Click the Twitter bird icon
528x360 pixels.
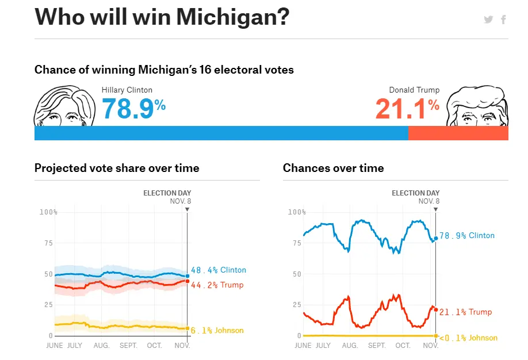click(488, 20)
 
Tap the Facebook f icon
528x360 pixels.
click(503, 20)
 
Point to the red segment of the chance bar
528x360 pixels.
click(458, 133)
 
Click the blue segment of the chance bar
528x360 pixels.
click(221, 133)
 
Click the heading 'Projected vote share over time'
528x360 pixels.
click(117, 168)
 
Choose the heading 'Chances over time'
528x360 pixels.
click(333, 168)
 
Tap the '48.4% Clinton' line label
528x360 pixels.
click(219, 270)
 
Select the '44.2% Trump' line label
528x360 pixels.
click(217, 285)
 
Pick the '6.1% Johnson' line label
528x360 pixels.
click(217, 330)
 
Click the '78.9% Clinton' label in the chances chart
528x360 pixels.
click(467, 236)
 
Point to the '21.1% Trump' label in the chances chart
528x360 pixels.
click(466, 312)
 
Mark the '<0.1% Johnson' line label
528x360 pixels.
click(468, 338)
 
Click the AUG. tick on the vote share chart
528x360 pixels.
click(101, 346)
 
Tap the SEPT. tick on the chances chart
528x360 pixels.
click(377, 346)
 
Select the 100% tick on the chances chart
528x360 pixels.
click(296, 212)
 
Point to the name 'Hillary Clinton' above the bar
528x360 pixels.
click(127, 90)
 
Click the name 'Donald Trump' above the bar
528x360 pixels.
click(414, 90)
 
